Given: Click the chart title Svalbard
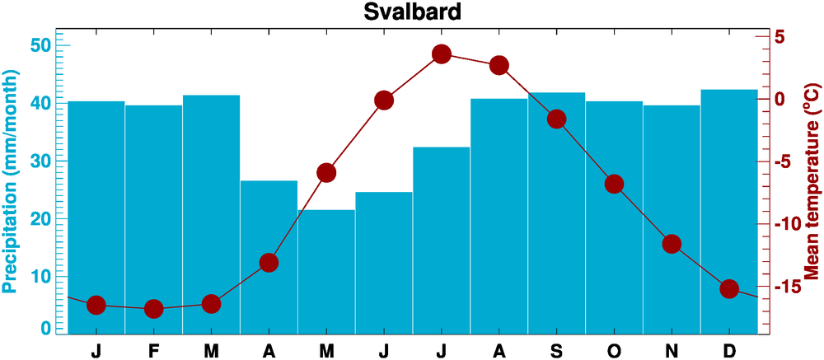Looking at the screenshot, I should coord(413,12).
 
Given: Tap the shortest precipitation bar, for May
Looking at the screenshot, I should coord(326,272).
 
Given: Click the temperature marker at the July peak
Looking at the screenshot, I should coord(442,54).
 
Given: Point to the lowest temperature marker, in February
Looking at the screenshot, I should coord(153,309).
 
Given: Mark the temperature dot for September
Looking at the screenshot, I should coord(557,119).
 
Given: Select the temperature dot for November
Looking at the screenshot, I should coord(672,244).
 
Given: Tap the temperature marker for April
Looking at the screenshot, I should coord(269,263).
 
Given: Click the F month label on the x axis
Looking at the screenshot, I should coord(153,351).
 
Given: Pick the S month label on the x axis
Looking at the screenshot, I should coord(557,351).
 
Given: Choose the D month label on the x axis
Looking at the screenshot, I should coord(729,351).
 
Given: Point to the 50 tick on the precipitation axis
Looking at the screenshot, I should coord(40,44).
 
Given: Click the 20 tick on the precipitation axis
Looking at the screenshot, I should coord(40,218).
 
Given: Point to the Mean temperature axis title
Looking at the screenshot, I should coord(812,181).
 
